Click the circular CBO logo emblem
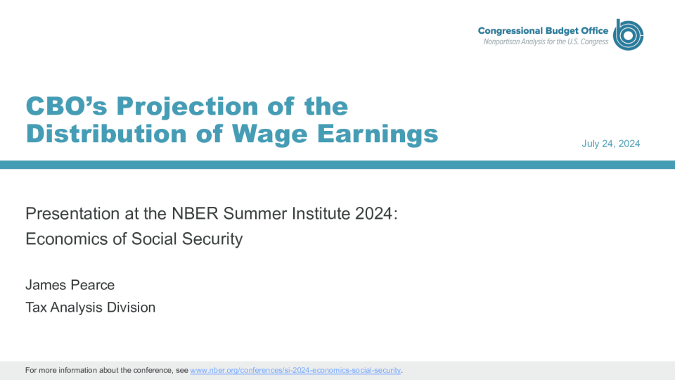click(628, 34)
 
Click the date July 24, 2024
click(611, 144)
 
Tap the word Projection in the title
click(187, 107)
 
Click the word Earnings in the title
click(378, 134)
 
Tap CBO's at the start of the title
click(66, 106)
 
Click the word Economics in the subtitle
click(67, 239)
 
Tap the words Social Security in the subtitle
click(187, 239)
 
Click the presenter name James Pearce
click(70, 285)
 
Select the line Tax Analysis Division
click(91, 308)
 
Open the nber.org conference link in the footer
click(295, 371)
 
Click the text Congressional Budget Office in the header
click(543, 31)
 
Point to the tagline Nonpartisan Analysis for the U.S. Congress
click(546, 42)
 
